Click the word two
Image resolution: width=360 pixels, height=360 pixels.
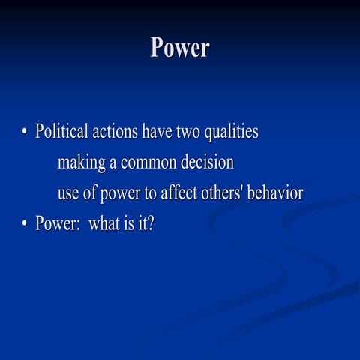click(x=189, y=133)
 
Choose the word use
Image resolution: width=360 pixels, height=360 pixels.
click(x=68, y=193)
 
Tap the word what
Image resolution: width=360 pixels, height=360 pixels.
click(x=105, y=223)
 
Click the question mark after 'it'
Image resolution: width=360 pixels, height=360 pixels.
click(x=151, y=223)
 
